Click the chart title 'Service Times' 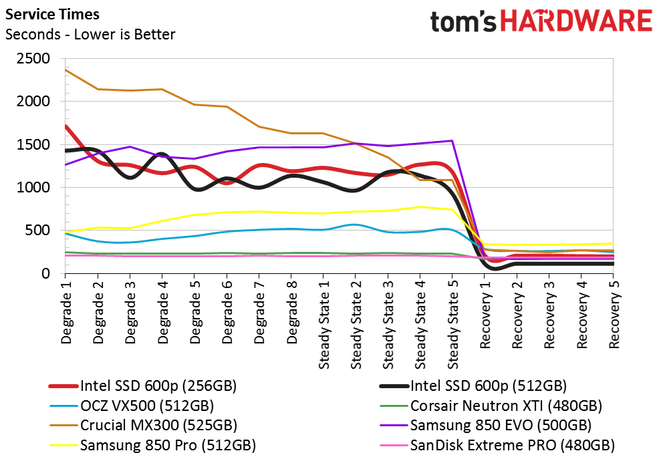coord(52,14)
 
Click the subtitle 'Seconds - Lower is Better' coord(90,34)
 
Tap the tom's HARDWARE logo coord(541,21)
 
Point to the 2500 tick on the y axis coord(33,58)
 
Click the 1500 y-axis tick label coord(33,144)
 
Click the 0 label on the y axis coord(45,273)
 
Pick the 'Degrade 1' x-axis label coord(66,313)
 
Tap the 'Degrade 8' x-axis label coord(291,313)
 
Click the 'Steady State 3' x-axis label coord(388,325)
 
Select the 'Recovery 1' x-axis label coord(485,315)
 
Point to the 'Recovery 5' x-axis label coord(614,315)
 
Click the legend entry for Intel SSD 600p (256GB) coord(143,386)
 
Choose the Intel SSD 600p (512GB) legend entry coord(473,386)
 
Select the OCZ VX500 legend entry coord(132,406)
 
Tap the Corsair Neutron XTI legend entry coord(491,406)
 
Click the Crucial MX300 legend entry coord(143,425)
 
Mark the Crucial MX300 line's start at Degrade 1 coord(65,69)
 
